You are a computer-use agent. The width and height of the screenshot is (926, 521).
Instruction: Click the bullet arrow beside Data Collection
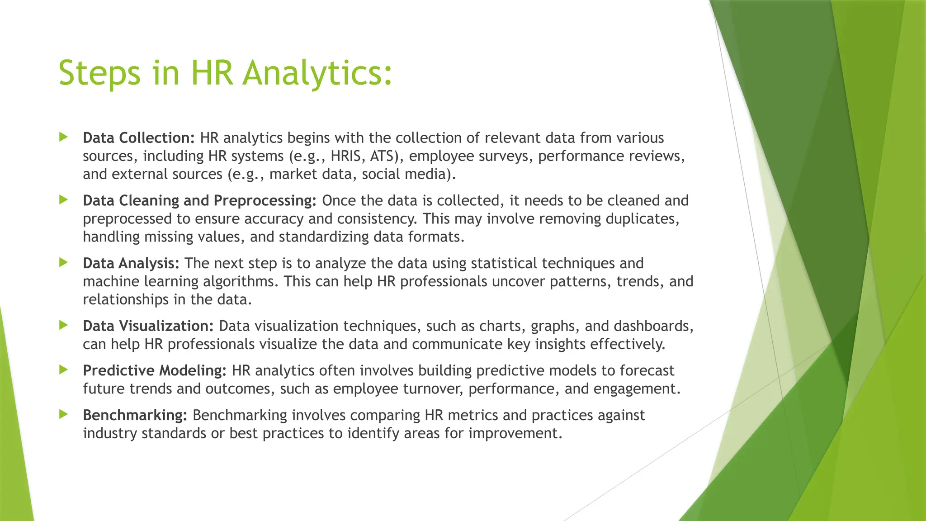pyautogui.click(x=63, y=137)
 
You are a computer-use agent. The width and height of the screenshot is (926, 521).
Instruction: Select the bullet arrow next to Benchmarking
pyautogui.click(x=63, y=414)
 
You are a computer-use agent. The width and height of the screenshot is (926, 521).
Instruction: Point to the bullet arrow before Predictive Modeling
pyautogui.click(x=63, y=369)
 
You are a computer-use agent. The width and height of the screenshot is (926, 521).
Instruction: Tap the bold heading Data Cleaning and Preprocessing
pyautogui.click(x=199, y=200)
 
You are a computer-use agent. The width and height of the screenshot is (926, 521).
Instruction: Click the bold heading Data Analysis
pyautogui.click(x=131, y=263)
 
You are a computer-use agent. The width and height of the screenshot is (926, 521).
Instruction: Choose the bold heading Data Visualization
pyautogui.click(x=148, y=326)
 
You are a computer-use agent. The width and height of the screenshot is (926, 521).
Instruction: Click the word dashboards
pyautogui.click(x=653, y=326)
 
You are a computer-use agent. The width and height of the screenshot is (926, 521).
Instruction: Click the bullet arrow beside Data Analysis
pyautogui.click(x=63, y=262)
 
